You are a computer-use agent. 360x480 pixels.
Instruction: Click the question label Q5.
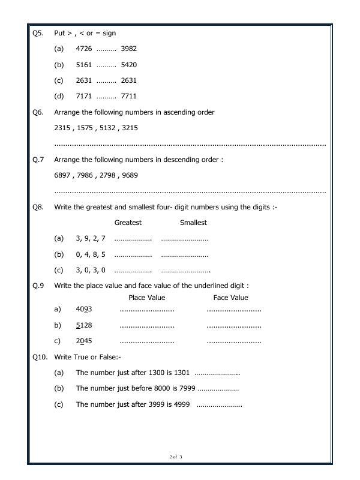tap(38, 33)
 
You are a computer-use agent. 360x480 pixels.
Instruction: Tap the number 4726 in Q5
tap(84, 49)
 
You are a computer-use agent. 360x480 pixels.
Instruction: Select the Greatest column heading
tap(128, 223)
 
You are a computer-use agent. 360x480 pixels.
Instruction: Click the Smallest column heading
tap(193, 223)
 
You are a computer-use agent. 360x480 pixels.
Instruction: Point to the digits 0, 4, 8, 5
tap(91, 254)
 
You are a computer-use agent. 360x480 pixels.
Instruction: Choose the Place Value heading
tap(147, 298)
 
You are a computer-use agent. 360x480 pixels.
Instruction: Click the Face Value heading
tap(230, 298)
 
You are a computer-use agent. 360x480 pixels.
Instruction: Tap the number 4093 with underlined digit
tap(84, 310)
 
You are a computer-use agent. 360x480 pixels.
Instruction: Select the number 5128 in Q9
tap(84, 325)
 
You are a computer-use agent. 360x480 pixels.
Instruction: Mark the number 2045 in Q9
tap(84, 341)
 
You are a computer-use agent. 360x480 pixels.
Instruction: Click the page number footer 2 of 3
tap(176, 457)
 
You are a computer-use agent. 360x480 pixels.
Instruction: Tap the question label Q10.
tap(40, 357)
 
